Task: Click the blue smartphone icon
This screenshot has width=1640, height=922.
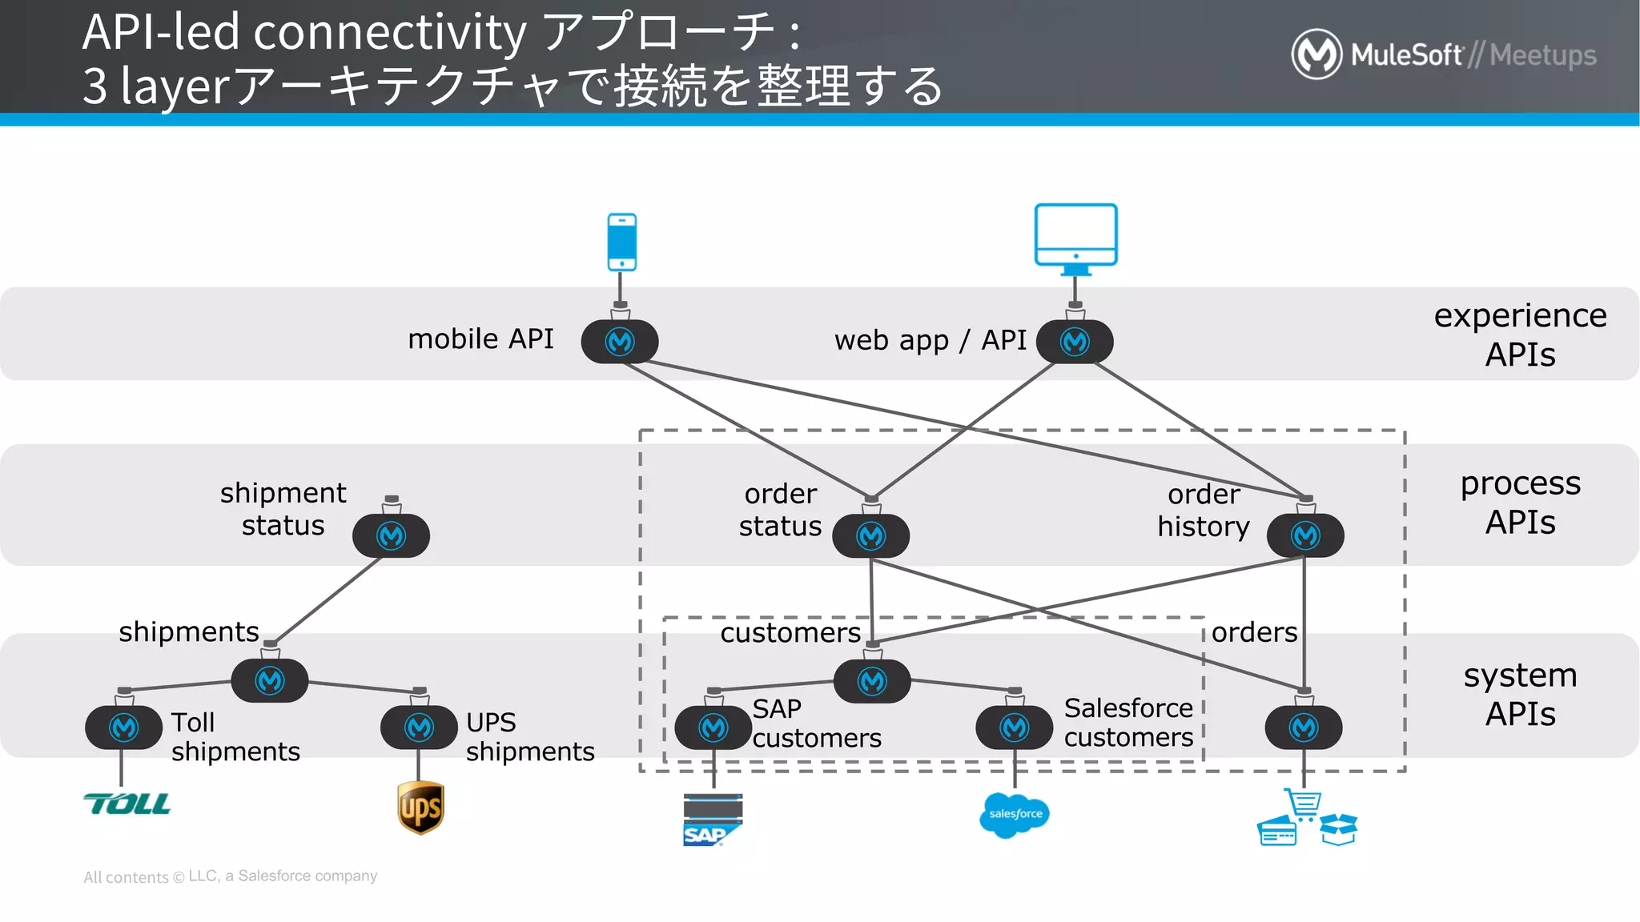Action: [621, 242]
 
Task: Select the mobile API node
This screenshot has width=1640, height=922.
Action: [620, 342]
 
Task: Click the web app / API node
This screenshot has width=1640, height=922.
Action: [1075, 342]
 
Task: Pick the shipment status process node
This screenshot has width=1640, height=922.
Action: [391, 535]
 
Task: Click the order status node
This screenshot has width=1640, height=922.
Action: [870, 535]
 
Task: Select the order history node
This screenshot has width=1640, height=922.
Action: [1304, 535]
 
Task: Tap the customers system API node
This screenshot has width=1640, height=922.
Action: [871, 681]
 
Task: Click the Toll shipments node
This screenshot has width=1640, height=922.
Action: [124, 728]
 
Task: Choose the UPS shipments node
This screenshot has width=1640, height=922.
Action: [419, 728]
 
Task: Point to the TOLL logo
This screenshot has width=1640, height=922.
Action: [127, 804]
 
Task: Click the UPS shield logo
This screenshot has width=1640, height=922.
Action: [420, 808]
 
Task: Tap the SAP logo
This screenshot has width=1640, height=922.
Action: [712, 820]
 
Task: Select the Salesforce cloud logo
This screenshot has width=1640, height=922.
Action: [1015, 815]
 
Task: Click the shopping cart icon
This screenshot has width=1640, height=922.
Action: [1304, 804]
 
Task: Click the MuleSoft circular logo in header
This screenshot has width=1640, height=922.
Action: [1316, 54]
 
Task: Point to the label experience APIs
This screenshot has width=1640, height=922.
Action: [1519, 335]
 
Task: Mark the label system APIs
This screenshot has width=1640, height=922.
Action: [1519, 694]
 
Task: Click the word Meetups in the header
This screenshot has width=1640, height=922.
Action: [1542, 54]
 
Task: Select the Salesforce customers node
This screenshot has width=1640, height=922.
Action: [1014, 728]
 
